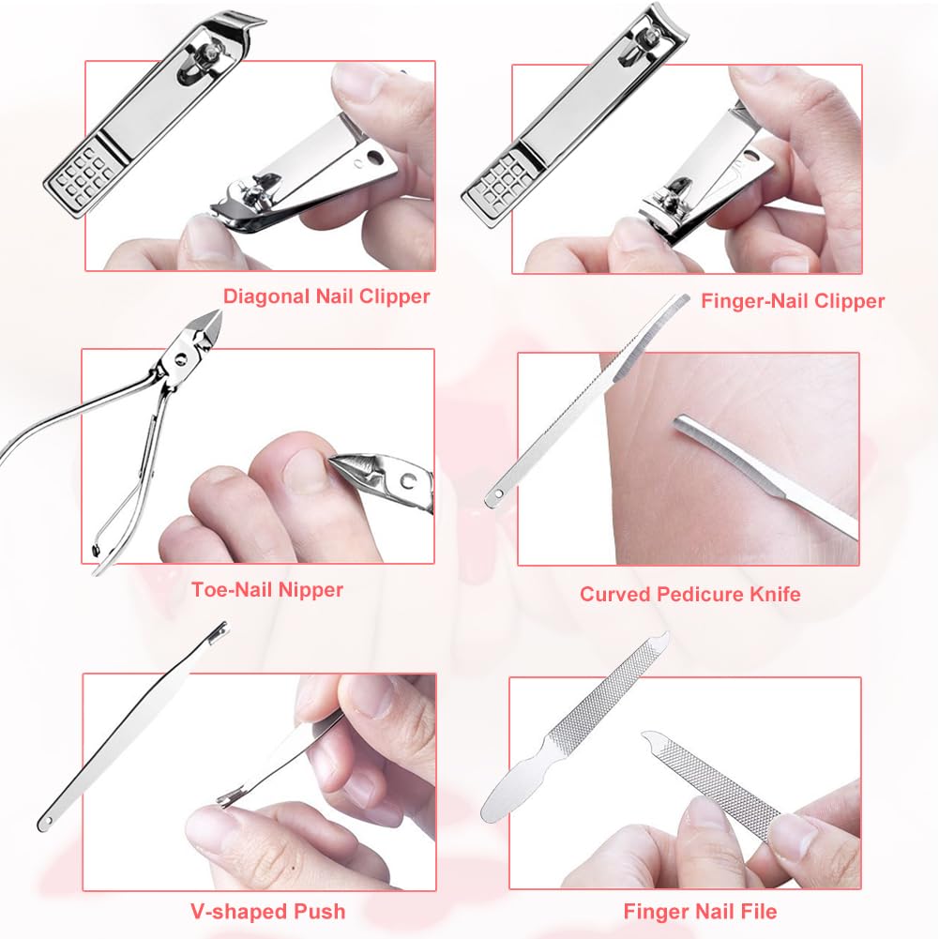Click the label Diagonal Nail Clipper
pyautogui.click(x=326, y=296)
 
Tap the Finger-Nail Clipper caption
pyautogui.click(x=793, y=301)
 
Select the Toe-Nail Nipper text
pyautogui.click(x=267, y=590)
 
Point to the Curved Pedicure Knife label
pyautogui.click(x=689, y=594)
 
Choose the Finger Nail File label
pyautogui.click(x=700, y=911)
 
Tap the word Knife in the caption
pyautogui.click(x=772, y=594)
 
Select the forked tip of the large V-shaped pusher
pyautogui.click(x=218, y=630)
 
